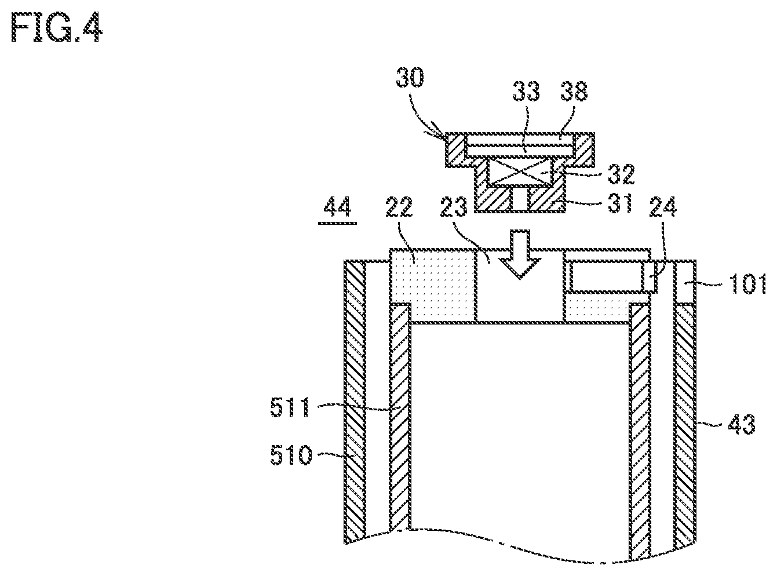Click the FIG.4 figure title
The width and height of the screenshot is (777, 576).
coord(57,27)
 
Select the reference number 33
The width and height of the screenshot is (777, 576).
coord(526,91)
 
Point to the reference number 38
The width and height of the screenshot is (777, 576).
coord(574,91)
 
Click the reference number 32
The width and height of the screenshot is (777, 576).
coord(621,174)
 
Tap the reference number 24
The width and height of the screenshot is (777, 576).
coord(663,207)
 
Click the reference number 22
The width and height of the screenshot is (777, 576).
coord(399,207)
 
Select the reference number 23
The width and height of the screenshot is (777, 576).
coord(454,207)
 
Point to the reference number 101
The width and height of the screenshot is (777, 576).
coord(747,283)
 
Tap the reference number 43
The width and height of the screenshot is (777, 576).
coord(742,424)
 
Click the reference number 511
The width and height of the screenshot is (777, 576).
coord(290,407)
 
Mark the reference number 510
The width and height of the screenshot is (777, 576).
coord(291,455)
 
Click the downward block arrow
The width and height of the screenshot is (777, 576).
coord(520,254)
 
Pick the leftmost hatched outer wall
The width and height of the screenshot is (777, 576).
coord(355,402)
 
